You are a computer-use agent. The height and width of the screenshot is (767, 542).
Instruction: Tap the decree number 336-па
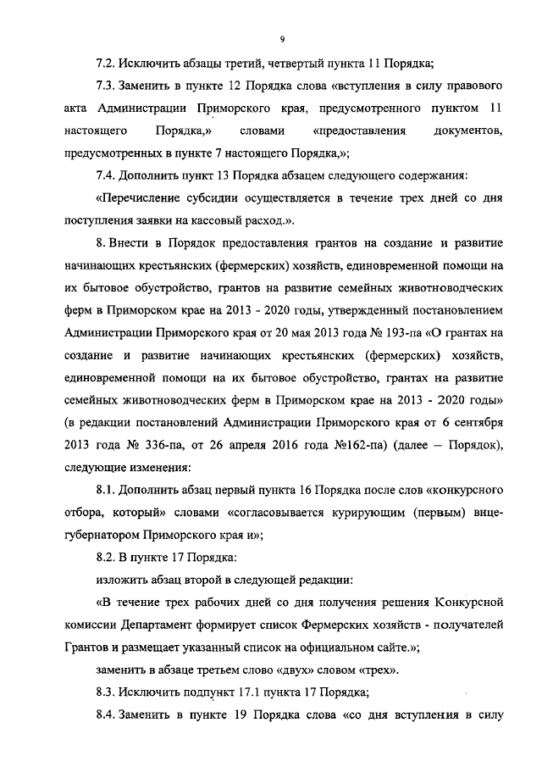[169, 445]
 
